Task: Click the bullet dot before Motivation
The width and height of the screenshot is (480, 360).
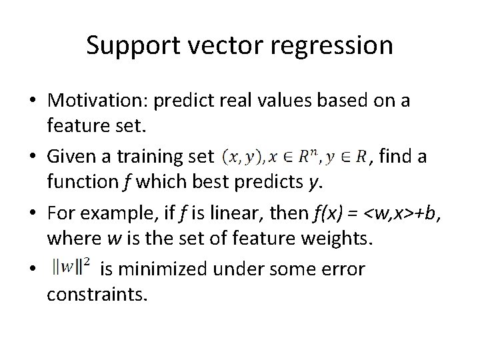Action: click(33, 101)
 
